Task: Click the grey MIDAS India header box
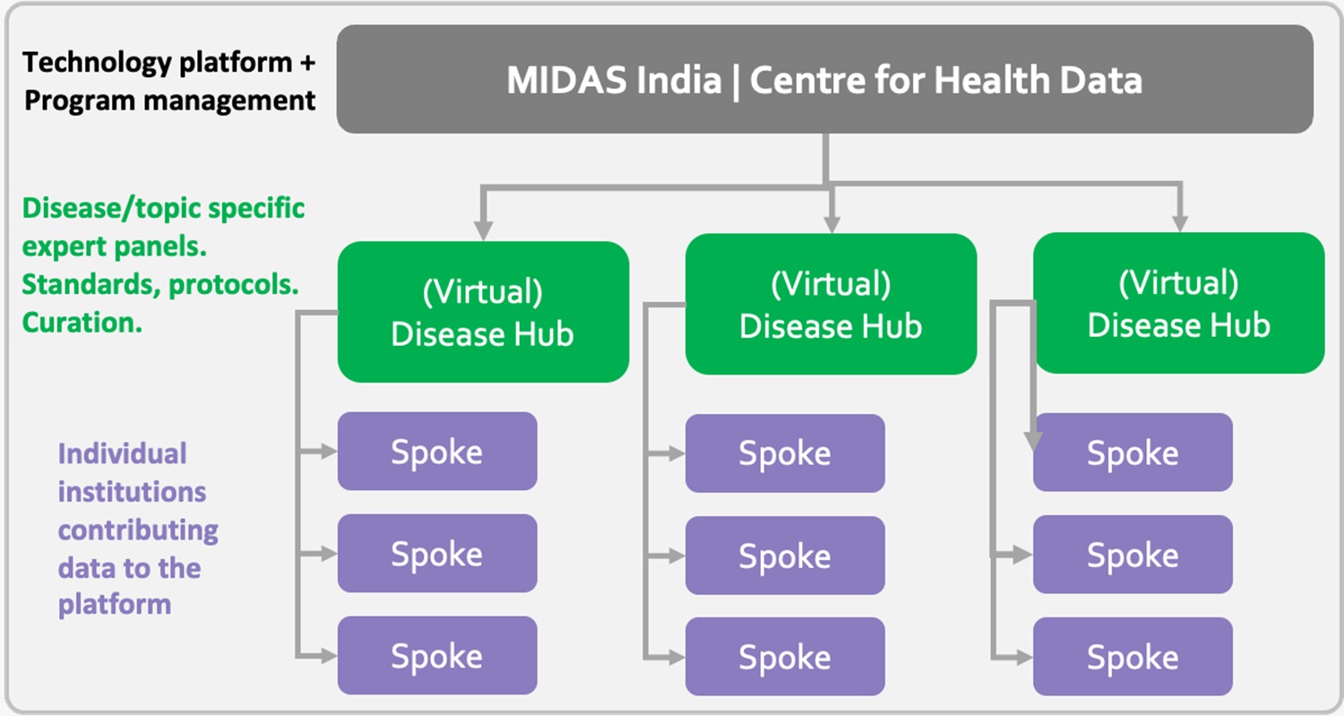pyautogui.click(x=824, y=80)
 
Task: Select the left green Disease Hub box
pyautogui.click(x=483, y=312)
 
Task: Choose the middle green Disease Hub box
pyautogui.click(x=831, y=305)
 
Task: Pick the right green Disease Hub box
pyautogui.click(x=1178, y=304)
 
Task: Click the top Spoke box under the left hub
pyautogui.click(x=437, y=452)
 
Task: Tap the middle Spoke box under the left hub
pyautogui.click(x=437, y=554)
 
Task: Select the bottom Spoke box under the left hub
pyautogui.click(x=437, y=656)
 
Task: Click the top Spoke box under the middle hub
pyautogui.click(x=785, y=453)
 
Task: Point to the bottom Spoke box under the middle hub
pyautogui.click(x=785, y=658)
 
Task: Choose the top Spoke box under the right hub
pyautogui.click(x=1133, y=453)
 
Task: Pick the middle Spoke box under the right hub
pyautogui.click(x=1133, y=556)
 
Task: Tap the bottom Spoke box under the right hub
pyautogui.click(x=1133, y=658)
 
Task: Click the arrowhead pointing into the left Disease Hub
pyautogui.click(x=484, y=230)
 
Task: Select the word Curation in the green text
pyautogui.click(x=82, y=323)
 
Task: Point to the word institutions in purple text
pyautogui.click(x=132, y=492)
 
